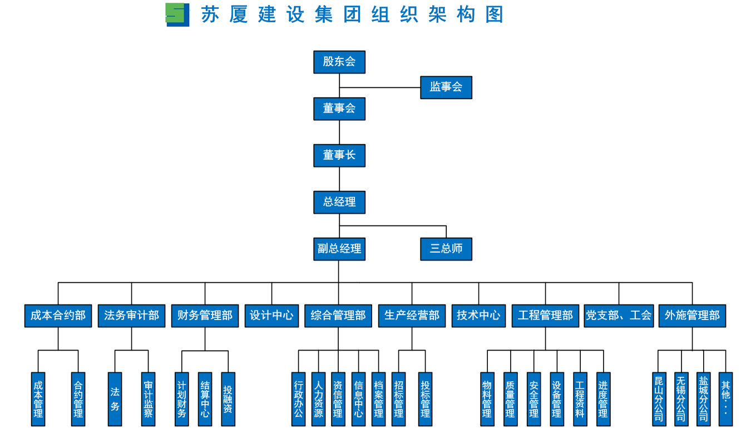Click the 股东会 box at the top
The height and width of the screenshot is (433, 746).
(x=339, y=62)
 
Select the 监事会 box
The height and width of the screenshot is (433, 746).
(x=446, y=87)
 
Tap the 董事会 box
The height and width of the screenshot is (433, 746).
(x=339, y=109)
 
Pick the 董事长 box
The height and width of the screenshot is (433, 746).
(x=339, y=155)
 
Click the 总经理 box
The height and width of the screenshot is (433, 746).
(x=339, y=202)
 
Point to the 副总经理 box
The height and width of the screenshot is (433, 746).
(x=339, y=249)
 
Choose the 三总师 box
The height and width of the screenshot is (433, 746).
(x=446, y=249)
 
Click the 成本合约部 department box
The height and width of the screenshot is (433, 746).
(x=58, y=316)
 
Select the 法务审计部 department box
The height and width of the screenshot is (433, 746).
(x=132, y=316)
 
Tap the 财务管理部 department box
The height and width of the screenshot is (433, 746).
(x=205, y=316)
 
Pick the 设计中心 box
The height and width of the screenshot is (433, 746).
(x=271, y=316)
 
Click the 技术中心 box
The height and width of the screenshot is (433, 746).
(x=478, y=316)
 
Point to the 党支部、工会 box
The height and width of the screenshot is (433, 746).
(x=619, y=316)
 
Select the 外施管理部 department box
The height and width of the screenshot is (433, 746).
(x=692, y=316)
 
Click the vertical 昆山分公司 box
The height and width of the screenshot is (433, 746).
(x=659, y=399)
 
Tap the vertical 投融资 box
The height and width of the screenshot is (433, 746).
(x=228, y=399)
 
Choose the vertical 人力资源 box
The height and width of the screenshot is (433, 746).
(x=318, y=399)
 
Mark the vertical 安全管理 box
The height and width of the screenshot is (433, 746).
(x=533, y=399)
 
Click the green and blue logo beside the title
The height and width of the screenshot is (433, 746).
(x=177, y=14)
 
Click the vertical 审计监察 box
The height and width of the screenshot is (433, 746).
(x=149, y=399)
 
